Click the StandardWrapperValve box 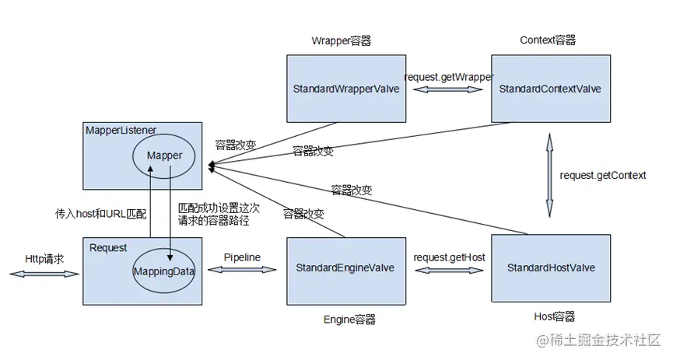pyautogui.click(x=345, y=89)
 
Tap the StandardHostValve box pyautogui.click(x=550, y=267)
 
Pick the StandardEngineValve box pyautogui.click(x=345, y=268)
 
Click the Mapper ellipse pyautogui.click(x=164, y=156)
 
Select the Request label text pyautogui.click(x=108, y=248)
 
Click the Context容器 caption pyautogui.click(x=548, y=40)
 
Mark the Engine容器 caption pyautogui.click(x=349, y=319)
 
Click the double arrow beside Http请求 pyautogui.click(x=45, y=274)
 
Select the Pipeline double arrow pyautogui.click(x=242, y=270)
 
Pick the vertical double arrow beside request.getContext pyautogui.click(x=549, y=175)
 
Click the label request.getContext pyautogui.click(x=603, y=175)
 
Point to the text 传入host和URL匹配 pyautogui.click(x=100, y=212)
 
